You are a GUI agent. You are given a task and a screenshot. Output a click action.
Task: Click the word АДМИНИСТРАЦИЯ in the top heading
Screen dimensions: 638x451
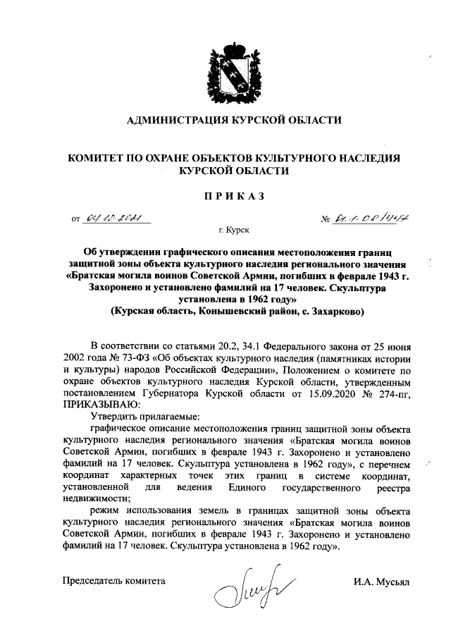[176, 121]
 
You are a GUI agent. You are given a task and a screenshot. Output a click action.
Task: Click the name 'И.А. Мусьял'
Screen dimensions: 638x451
[386, 582]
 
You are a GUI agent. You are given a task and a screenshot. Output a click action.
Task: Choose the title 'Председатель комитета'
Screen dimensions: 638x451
[114, 582]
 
